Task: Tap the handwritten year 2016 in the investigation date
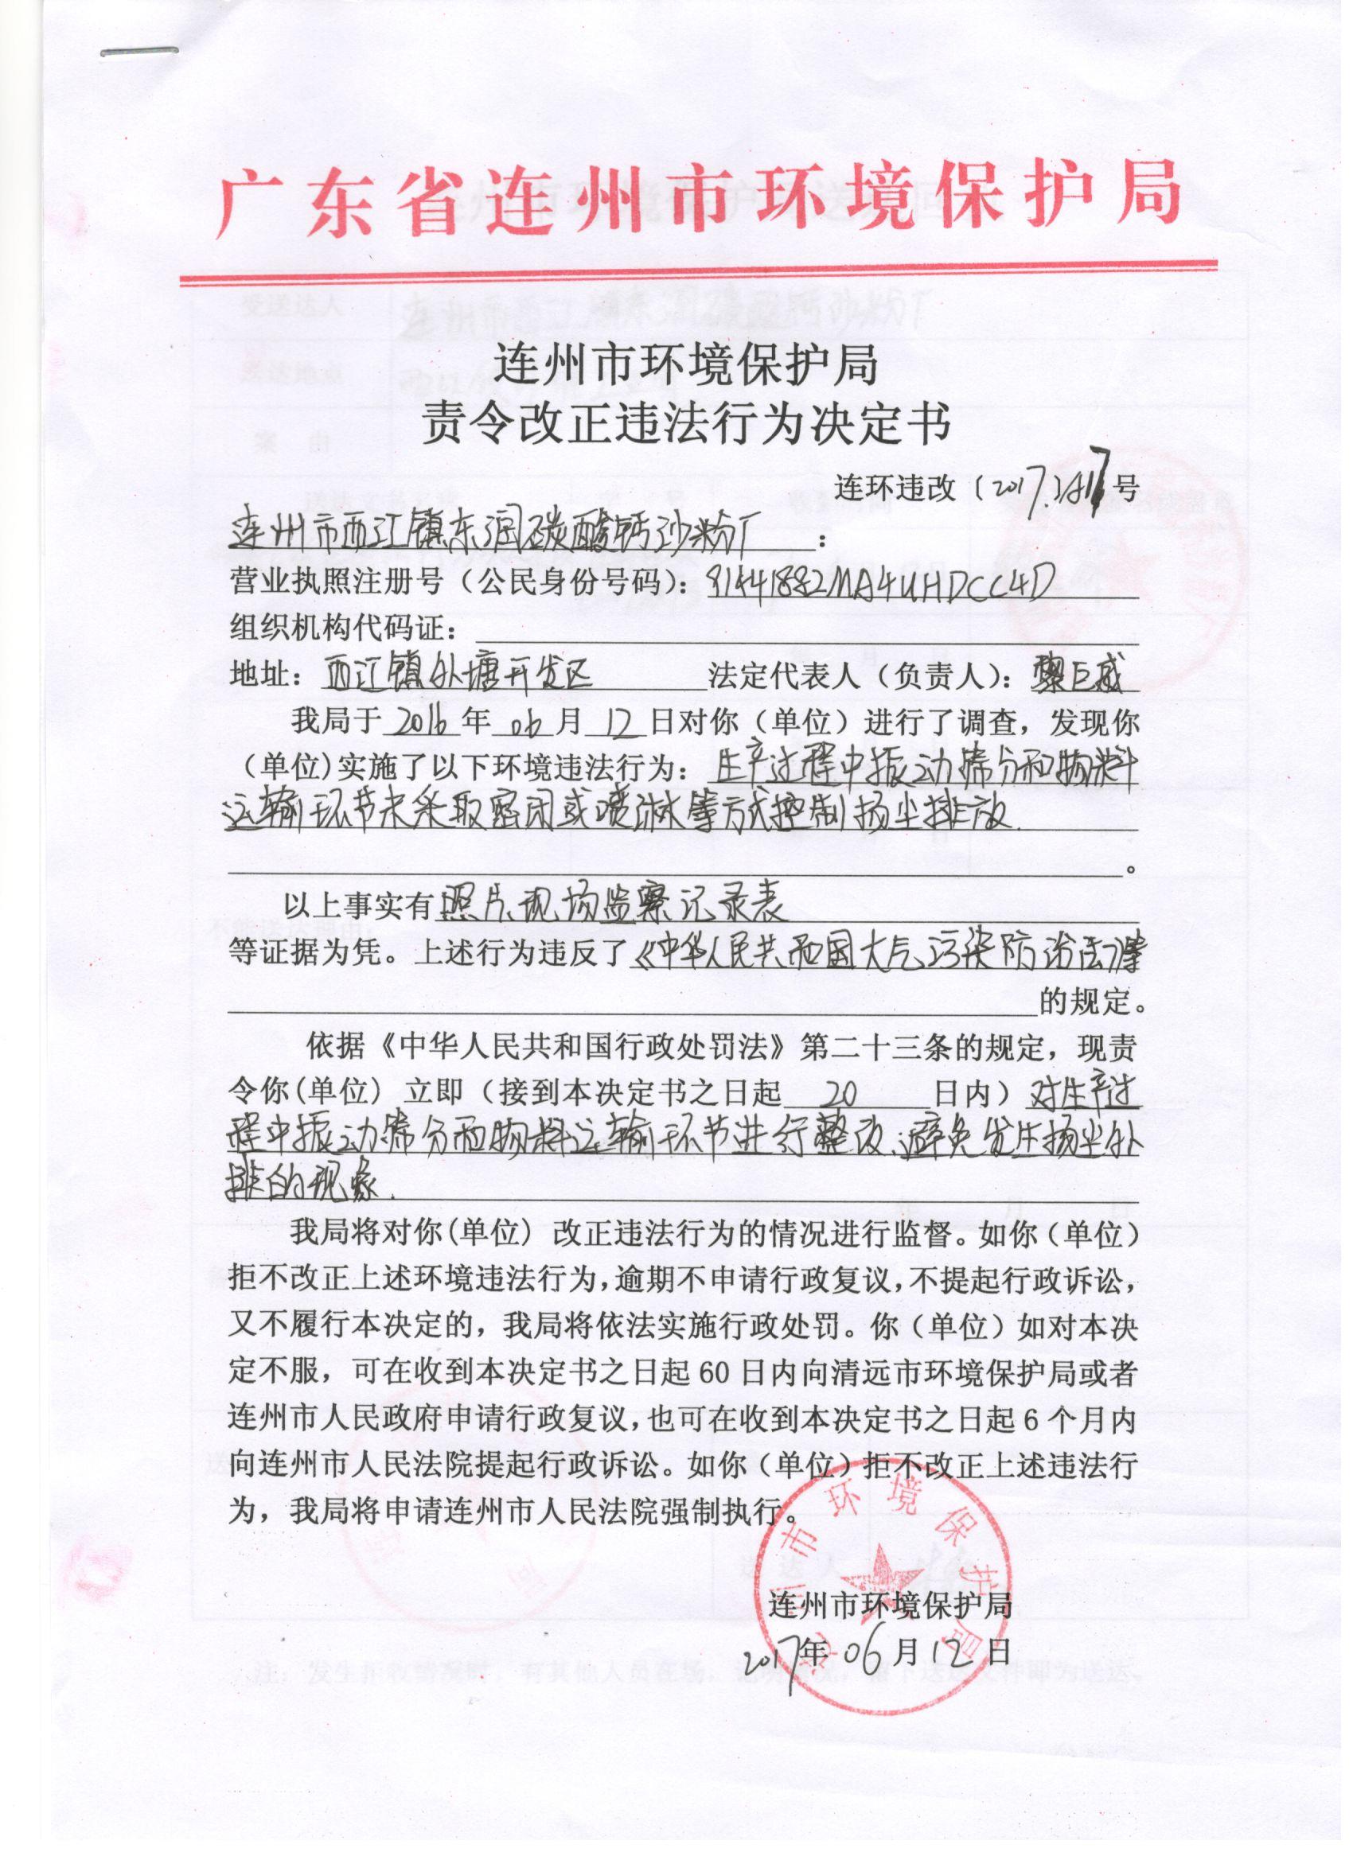(422, 722)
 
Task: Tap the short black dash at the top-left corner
(139, 52)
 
